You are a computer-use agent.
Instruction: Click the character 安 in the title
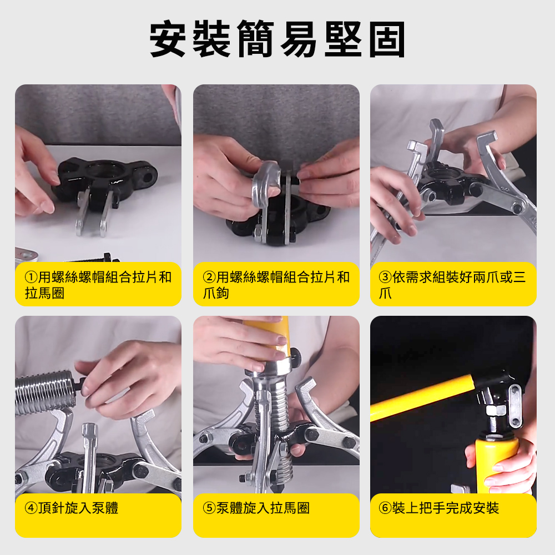[168, 39]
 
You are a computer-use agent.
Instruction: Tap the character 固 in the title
[387, 39]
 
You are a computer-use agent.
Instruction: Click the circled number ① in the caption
[31, 277]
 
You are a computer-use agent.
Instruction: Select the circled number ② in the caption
[209, 277]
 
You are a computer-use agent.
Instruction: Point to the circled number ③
[385, 277]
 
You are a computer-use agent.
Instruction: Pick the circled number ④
[31, 508]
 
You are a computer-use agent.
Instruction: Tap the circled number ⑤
[209, 508]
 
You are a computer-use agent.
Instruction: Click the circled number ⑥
[385, 508]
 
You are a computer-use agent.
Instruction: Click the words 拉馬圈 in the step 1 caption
[44, 294]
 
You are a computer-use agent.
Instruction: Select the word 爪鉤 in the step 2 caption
[216, 294]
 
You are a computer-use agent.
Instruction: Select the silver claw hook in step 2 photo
[265, 198]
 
